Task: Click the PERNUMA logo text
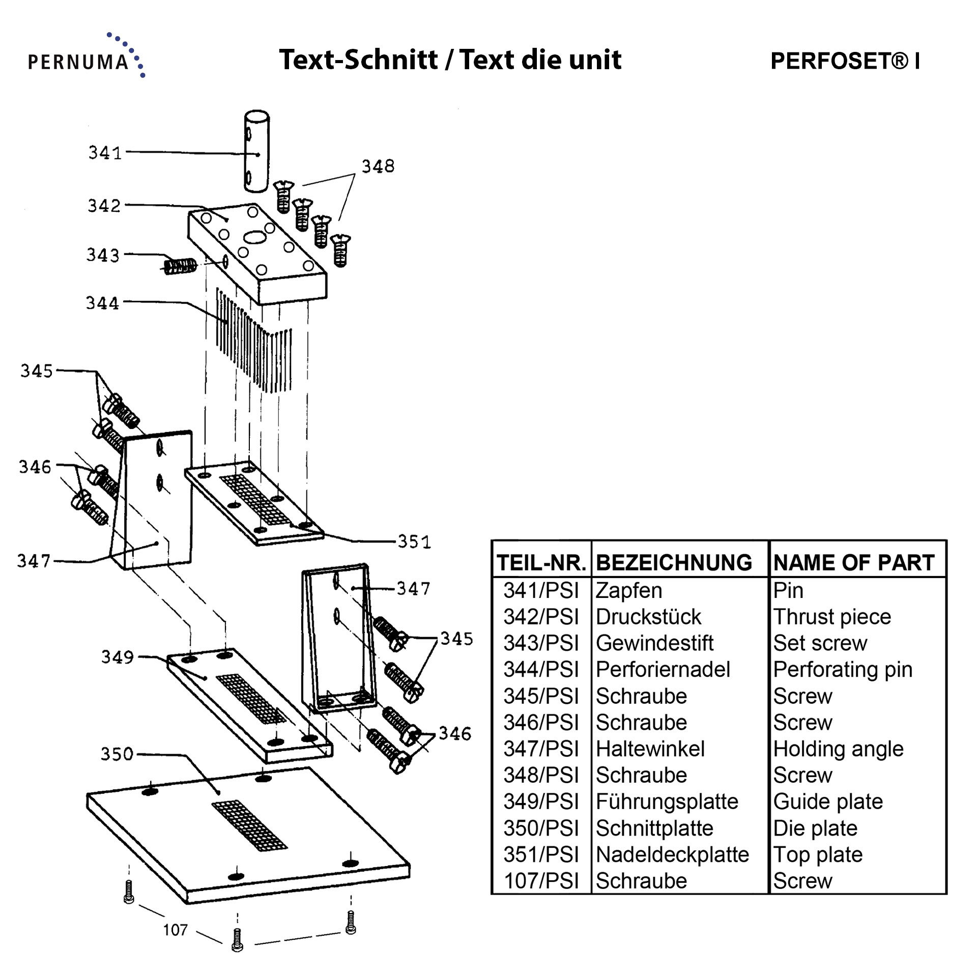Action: point(78,62)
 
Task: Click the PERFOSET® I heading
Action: point(845,61)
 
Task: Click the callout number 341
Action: point(105,153)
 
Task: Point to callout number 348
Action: point(378,166)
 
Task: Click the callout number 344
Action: point(102,303)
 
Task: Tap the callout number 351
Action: point(414,541)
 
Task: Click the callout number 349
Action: point(118,657)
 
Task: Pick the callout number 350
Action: point(117,754)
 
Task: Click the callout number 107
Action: point(176,930)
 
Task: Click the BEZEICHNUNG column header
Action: point(674,563)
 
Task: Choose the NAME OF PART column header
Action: point(854,563)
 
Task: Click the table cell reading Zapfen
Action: point(629,591)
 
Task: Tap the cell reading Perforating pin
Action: point(843,670)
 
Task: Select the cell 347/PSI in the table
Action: point(541,749)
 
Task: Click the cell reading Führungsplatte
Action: point(667,801)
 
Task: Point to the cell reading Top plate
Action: point(818,854)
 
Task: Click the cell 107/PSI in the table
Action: point(541,881)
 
